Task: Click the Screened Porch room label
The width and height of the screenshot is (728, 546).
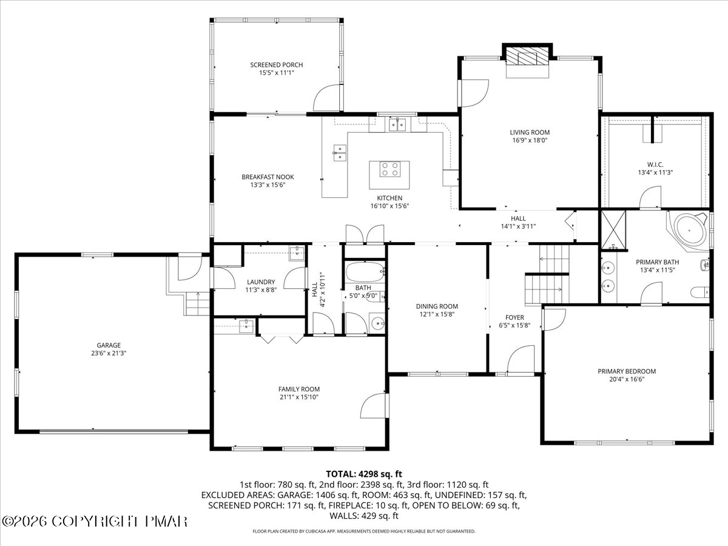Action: point(276,65)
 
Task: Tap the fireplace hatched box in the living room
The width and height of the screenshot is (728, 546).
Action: point(527,58)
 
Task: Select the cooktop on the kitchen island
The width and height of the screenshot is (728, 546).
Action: point(389,169)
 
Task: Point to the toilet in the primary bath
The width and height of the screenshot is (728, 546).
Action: point(700,292)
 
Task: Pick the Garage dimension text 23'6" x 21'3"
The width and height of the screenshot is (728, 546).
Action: point(109,354)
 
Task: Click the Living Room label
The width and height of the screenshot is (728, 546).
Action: point(530,132)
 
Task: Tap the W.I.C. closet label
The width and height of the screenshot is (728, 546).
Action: point(655,164)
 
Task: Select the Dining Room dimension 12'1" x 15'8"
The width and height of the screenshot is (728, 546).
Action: point(437,314)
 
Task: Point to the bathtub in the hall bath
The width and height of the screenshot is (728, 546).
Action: point(365,272)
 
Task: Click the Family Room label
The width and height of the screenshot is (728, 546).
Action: point(299,389)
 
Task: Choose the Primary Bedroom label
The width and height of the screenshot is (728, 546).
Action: point(627,371)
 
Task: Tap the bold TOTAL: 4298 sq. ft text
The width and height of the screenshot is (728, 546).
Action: point(364,474)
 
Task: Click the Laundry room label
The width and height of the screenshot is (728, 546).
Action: point(261,281)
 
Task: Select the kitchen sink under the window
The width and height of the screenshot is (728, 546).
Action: point(397,124)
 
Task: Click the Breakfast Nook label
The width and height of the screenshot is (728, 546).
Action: point(268,177)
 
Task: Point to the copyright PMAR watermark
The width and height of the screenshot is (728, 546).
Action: point(94,522)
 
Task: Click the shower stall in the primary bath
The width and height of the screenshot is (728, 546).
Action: point(613,229)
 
